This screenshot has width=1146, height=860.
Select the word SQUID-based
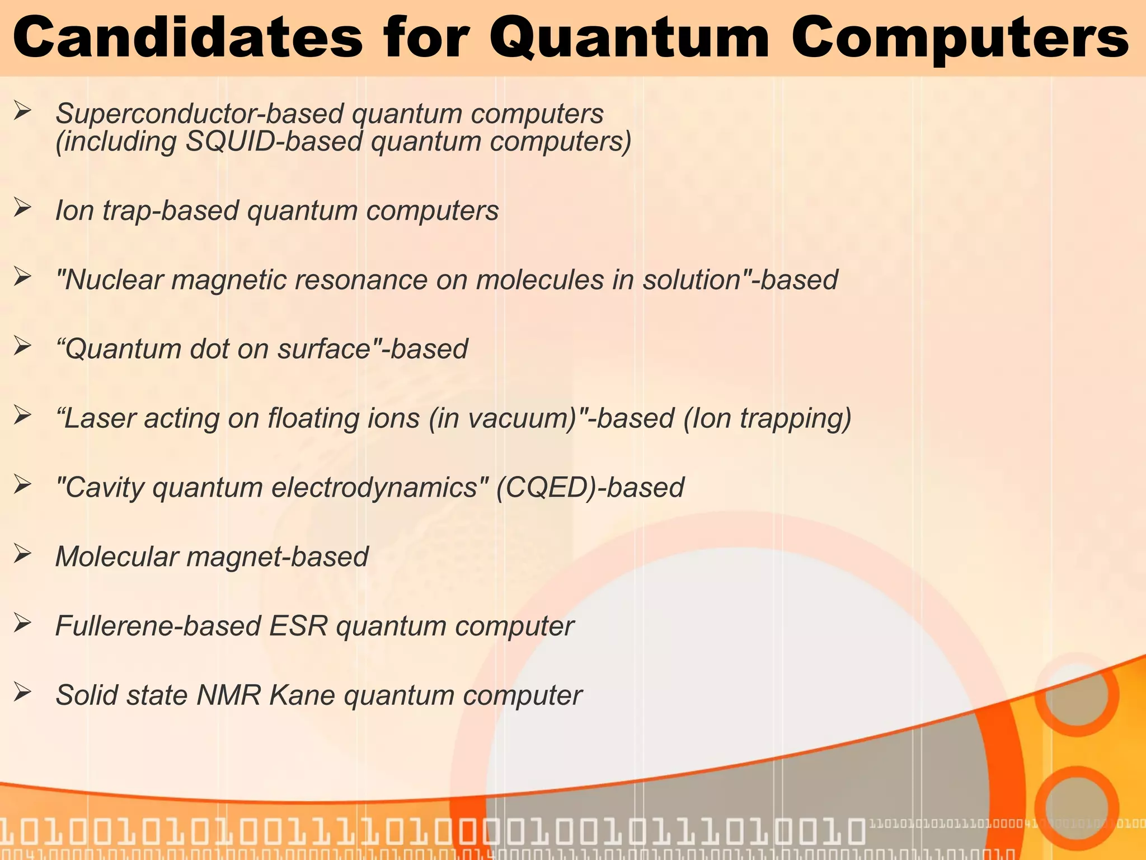(x=274, y=141)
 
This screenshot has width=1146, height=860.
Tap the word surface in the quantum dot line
(x=323, y=349)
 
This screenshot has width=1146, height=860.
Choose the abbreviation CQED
(x=543, y=487)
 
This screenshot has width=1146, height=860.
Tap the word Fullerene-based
(x=158, y=626)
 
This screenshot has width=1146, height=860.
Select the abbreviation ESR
(x=298, y=626)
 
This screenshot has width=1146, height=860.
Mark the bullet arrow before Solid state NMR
(x=22, y=693)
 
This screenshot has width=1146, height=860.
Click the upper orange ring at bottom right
(x=1076, y=694)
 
